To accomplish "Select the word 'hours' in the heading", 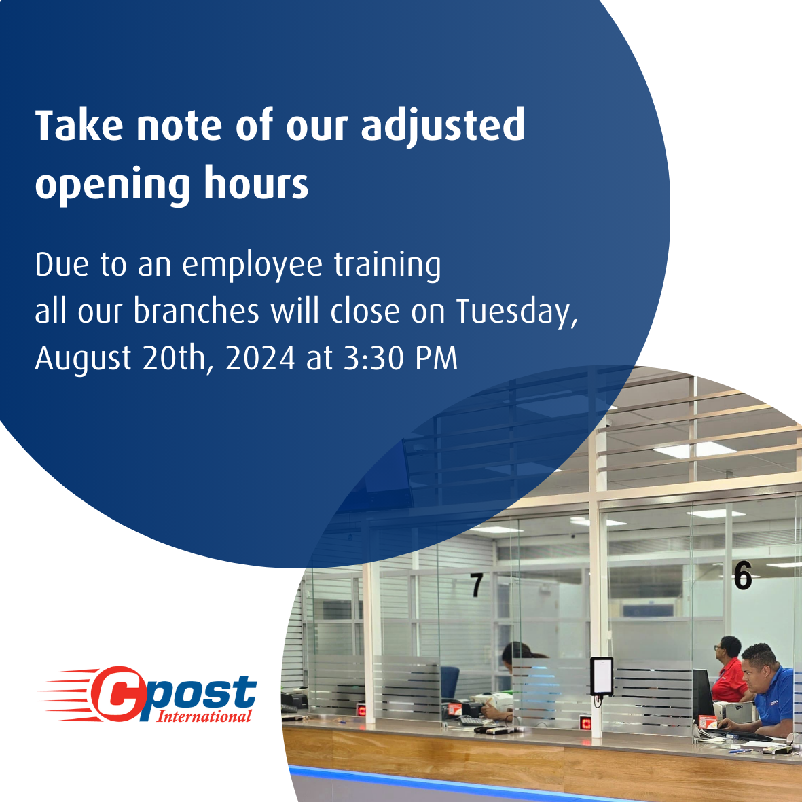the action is (x=256, y=182).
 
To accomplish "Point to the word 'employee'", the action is (x=252, y=266).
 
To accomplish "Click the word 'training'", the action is (x=387, y=266).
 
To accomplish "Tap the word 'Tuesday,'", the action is (x=517, y=312).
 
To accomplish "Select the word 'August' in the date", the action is (x=83, y=359).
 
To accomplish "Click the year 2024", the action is (x=260, y=358).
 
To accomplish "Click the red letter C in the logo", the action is (x=117, y=693).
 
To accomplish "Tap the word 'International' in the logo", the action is (x=204, y=716).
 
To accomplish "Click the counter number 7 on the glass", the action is (x=476, y=585).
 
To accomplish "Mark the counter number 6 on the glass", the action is (x=743, y=575).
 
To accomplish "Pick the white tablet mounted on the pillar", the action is (x=602, y=676).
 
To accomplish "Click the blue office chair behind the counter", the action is (x=450, y=683).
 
